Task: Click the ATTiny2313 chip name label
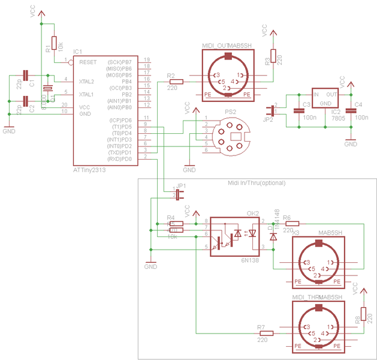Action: click(x=93, y=170)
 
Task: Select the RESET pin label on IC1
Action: click(x=88, y=62)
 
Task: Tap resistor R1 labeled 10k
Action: click(x=54, y=44)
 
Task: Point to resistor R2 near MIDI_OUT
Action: click(x=173, y=82)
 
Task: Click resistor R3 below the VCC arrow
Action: click(x=273, y=56)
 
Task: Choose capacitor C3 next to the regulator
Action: click(x=298, y=111)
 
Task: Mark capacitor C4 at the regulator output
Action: click(x=351, y=111)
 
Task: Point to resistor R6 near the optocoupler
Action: click(x=288, y=223)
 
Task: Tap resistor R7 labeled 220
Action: click(x=266, y=333)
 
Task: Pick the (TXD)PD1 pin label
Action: click(x=120, y=152)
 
